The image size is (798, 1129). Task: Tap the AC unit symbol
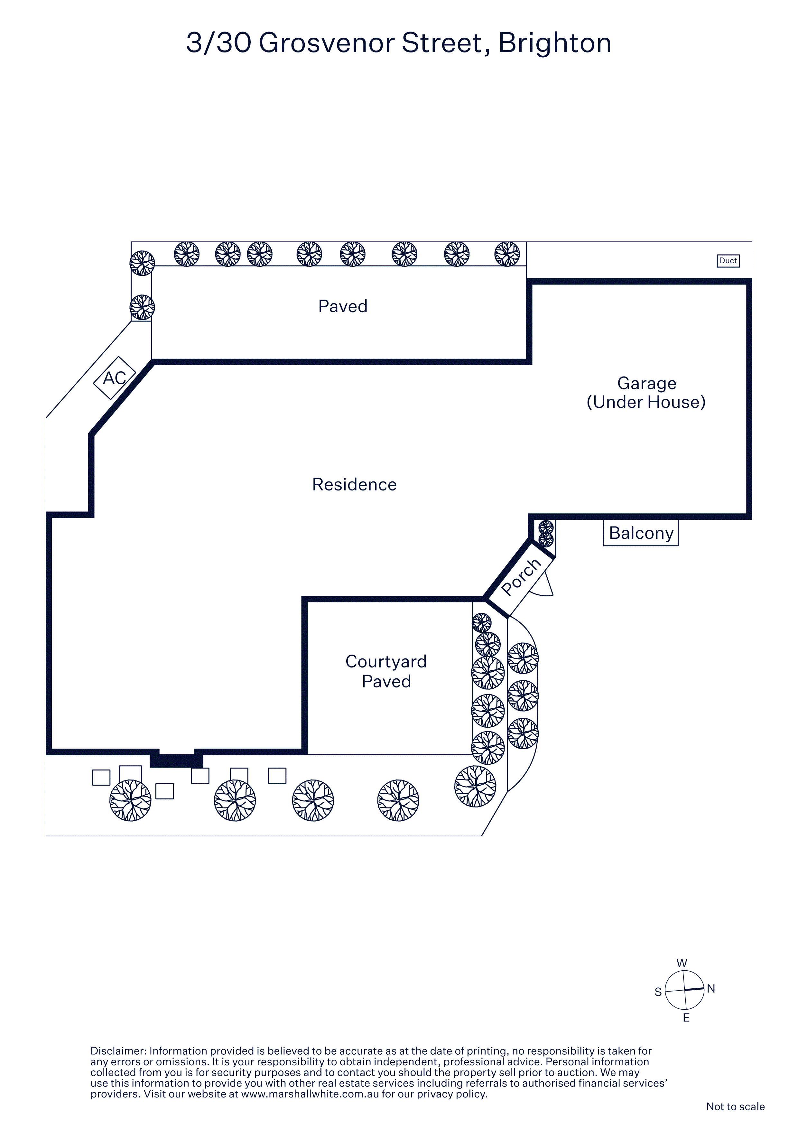click(x=115, y=378)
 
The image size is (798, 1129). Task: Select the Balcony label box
click(x=641, y=533)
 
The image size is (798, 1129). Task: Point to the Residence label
click(x=354, y=484)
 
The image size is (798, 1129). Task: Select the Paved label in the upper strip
click(x=343, y=306)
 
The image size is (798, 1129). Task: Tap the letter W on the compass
click(x=682, y=963)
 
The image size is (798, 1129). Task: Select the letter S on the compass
click(x=658, y=992)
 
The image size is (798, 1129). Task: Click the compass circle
click(x=684, y=990)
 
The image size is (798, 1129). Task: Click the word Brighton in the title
click(x=555, y=43)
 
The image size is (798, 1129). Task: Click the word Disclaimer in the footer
click(x=118, y=1051)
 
